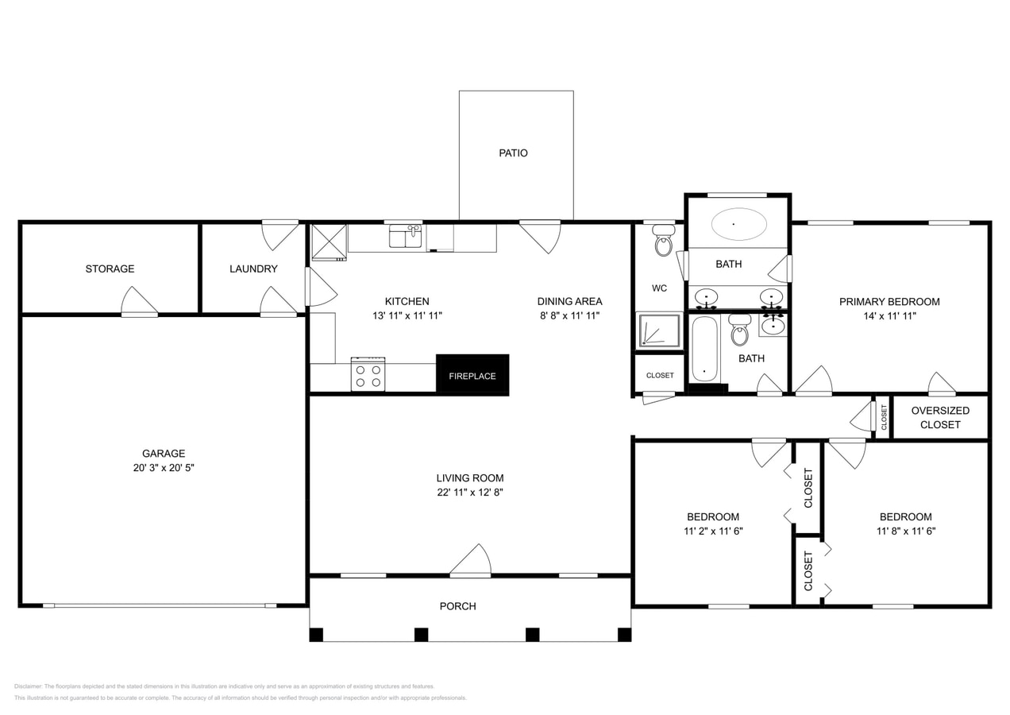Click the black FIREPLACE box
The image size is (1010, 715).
pos(472,374)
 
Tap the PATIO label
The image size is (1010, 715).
pos(513,153)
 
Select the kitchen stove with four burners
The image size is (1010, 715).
pos(368,374)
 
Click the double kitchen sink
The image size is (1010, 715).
pos(405,236)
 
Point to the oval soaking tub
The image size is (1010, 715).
pos(738,224)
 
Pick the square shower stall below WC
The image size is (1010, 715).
pos(658,330)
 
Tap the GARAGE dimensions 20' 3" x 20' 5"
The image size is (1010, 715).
pos(164,468)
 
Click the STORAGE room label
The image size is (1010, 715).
pos(110,269)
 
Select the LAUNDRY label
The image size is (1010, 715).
pos(253,269)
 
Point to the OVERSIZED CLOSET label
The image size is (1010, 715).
pos(940,417)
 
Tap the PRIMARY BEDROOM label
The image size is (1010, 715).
pos(889,301)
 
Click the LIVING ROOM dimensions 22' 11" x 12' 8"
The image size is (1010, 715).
pos(469,492)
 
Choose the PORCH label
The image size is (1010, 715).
pos(458,606)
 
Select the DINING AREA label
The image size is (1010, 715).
pos(569,301)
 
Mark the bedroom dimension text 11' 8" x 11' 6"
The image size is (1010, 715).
pos(906,531)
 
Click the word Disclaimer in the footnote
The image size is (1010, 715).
pos(28,686)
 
